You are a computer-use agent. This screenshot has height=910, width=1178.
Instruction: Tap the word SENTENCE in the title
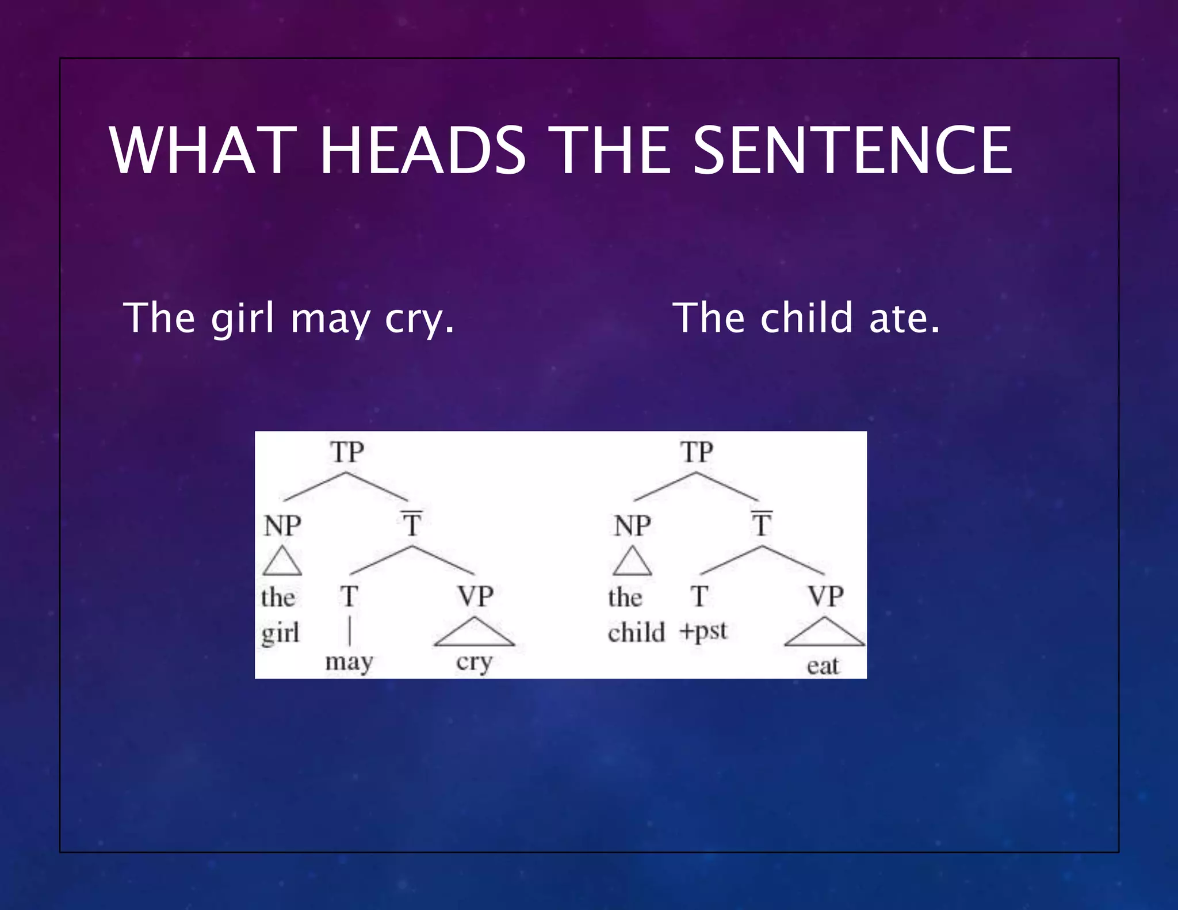(x=852, y=151)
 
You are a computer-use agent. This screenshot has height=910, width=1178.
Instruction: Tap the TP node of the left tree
(x=347, y=452)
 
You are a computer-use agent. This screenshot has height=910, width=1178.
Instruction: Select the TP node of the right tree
(x=697, y=452)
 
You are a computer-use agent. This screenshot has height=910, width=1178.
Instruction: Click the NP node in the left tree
(x=282, y=526)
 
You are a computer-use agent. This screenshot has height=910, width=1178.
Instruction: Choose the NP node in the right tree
(x=632, y=526)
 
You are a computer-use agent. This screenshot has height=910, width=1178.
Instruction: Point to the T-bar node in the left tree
(x=412, y=523)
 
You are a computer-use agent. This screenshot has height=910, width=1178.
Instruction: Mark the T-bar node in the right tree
(x=762, y=523)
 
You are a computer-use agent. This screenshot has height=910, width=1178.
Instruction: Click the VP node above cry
(x=475, y=597)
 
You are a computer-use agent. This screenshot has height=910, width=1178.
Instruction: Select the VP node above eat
(x=825, y=597)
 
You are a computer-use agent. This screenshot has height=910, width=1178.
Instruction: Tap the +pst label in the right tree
(x=703, y=632)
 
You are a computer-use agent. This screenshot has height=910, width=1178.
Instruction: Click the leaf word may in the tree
(x=349, y=662)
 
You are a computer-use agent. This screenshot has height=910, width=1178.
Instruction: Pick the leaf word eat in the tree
(x=823, y=666)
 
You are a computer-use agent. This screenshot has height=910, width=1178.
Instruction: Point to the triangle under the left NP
(x=282, y=562)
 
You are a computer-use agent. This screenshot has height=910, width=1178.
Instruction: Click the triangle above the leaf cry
(x=475, y=633)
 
